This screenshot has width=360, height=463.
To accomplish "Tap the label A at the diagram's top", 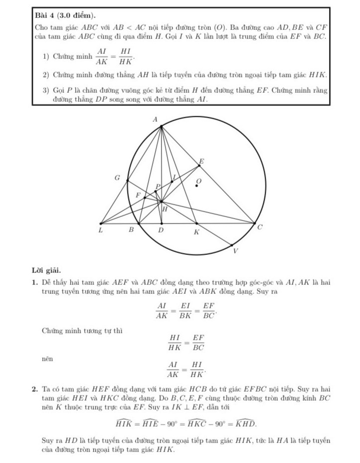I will pos(155,120).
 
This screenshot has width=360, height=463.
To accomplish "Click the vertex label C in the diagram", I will pos(259,228).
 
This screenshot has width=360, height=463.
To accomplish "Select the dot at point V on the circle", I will pos(232,244).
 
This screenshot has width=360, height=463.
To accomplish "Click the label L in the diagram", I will pos(100,231).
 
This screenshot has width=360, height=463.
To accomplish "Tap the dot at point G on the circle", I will pos(128,181).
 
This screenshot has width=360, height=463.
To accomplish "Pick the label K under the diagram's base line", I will pos(196,232).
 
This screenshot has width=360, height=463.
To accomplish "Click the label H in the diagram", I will pos(165,209).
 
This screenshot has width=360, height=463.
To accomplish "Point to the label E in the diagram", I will pos(201,161).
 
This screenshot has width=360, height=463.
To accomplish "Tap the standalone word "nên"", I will pos(47,358).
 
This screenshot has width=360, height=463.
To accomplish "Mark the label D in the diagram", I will pos(161,231).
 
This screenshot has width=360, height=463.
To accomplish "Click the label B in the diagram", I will pos(132,231).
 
